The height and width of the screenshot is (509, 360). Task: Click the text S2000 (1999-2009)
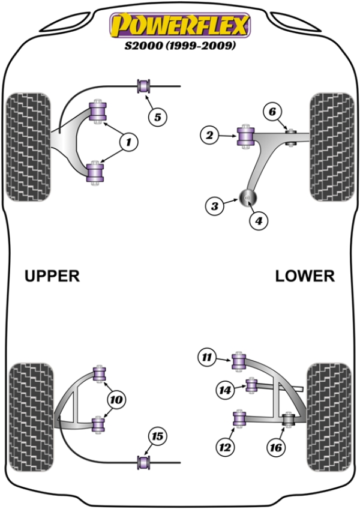[x=179, y=46]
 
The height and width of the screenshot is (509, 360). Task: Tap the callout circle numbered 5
[x=157, y=117]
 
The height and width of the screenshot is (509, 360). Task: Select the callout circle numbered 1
[x=128, y=142]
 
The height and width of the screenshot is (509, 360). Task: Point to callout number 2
[x=209, y=136]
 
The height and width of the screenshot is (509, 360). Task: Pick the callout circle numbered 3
[x=214, y=206]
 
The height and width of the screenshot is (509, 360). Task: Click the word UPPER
[x=52, y=276]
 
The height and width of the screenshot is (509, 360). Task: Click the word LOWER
[x=304, y=276]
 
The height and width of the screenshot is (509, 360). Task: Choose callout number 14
[x=224, y=390]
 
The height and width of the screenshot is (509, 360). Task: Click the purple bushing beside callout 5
[x=144, y=86]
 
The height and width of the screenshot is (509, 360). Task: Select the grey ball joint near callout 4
[x=247, y=196]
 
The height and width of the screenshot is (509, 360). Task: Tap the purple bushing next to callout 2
[x=245, y=136]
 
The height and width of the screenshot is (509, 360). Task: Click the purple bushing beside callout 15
[x=144, y=462]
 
